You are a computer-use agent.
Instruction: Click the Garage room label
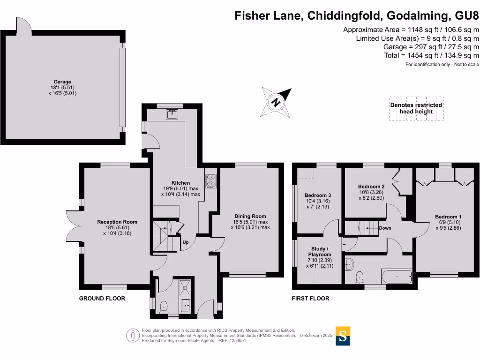(x=62, y=82)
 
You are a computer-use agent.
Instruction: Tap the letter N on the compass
(x=276, y=102)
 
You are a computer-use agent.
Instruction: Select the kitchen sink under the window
(x=172, y=114)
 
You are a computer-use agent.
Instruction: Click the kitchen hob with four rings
(x=211, y=181)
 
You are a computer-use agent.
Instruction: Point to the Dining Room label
(x=250, y=216)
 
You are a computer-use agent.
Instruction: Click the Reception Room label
(x=117, y=222)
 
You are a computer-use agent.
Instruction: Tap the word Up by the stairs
(x=186, y=242)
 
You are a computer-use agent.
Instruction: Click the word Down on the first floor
(x=385, y=228)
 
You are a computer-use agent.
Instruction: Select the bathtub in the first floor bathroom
(x=397, y=277)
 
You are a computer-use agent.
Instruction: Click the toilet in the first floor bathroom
(x=360, y=277)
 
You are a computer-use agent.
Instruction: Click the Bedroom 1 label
(x=448, y=217)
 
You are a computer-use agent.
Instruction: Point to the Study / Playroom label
(x=320, y=252)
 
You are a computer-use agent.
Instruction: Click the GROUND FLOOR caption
(x=102, y=299)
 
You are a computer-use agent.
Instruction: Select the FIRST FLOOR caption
(x=310, y=299)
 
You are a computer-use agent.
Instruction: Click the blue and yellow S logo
(x=343, y=336)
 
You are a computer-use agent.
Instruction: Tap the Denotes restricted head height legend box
(x=416, y=108)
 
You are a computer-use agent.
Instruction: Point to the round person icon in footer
(x=133, y=335)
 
